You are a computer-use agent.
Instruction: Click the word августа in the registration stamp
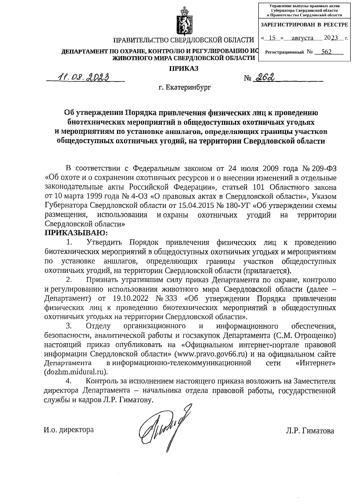(300, 38)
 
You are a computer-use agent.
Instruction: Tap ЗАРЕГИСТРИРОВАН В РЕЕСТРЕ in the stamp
(304, 25)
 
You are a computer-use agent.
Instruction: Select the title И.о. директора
(69, 430)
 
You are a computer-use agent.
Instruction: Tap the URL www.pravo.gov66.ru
(212, 354)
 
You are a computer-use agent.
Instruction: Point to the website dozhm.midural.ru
(75, 372)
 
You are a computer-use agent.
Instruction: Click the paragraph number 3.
(68, 326)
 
